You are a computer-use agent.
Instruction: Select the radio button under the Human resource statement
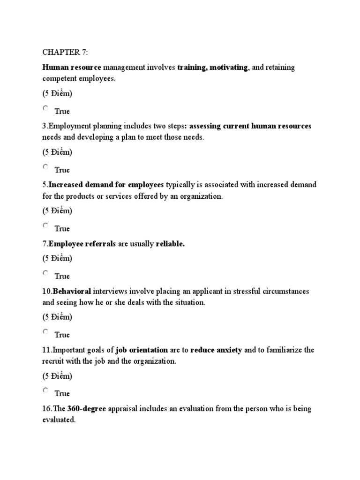click(x=45, y=108)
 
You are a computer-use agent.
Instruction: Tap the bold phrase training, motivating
click(x=212, y=67)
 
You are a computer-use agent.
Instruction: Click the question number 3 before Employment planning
click(x=45, y=126)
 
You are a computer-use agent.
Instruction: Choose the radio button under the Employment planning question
click(x=45, y=167)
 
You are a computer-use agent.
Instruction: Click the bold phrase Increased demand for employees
click(x=106, y=185)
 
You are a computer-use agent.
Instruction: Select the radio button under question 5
click(x=45, y=225)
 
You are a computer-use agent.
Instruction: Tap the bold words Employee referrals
click(x=82, y=244)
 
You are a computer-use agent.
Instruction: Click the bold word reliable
click(x=170, y=244)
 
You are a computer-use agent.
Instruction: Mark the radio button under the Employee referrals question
click(x=45, y=273)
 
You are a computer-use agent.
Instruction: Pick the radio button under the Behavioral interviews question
click(x=45, y=332)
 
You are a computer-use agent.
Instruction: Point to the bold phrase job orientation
click(x=142, y=350)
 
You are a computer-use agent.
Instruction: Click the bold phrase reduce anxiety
click(x=217, y=350)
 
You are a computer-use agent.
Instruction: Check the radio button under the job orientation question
click(x=45, y=390)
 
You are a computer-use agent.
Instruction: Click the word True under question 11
click(x=62, y=393)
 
